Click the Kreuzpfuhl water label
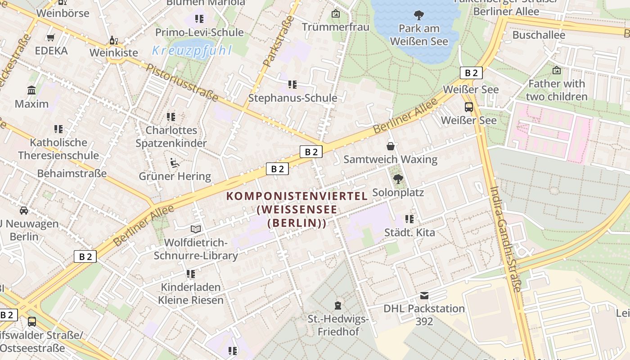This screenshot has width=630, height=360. click(192, 50)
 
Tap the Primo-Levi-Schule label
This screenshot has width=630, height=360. click(199, 32)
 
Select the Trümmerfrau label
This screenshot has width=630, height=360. click(335, 27)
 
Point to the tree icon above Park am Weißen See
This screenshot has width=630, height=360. click(419, 16)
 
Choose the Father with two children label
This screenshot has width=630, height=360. click(557, 90)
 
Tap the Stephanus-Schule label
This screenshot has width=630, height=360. click(292, 98)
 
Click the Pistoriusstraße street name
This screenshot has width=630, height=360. click(182, 83)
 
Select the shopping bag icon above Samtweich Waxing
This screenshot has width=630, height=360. click(391, 146)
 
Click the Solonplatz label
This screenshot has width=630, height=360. click(398, 193)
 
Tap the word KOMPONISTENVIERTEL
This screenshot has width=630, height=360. click(297, 196)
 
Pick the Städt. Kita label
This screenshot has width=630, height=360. click(409, 233)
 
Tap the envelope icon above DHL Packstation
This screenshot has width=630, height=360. click(424, 296)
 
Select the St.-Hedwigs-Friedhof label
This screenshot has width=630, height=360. click(338, 325)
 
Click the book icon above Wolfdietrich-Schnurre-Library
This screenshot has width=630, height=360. click(195, 229)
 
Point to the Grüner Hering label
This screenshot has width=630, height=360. click(175, 176)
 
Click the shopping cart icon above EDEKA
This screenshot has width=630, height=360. click(51, 38)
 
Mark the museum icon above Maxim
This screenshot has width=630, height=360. click(31, 90)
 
